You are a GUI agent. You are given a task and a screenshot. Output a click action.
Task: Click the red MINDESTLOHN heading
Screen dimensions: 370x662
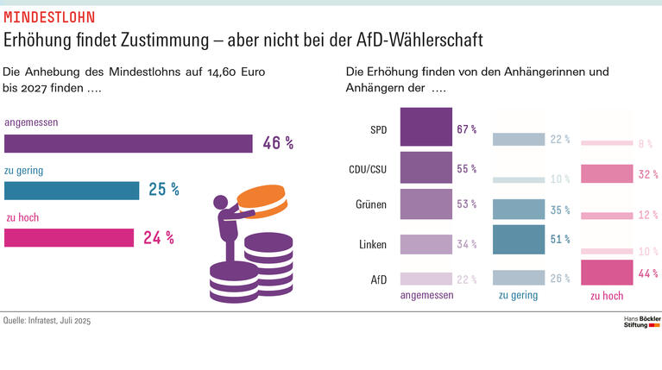[x=50, y=17]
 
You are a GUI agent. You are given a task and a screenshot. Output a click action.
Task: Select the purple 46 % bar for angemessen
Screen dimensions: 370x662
[x=128, y=143]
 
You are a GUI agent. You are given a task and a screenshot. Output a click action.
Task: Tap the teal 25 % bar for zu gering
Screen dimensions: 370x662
[x=72, y=190]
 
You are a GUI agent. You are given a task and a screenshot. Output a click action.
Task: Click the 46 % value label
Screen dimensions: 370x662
[x=278, y=143]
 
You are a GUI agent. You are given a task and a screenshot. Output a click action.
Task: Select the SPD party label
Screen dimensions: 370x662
[x=378, y=130]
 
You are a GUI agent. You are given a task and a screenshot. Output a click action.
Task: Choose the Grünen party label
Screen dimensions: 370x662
[x=371, y=206]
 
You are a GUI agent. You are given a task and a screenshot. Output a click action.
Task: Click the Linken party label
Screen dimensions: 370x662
[x=372, y=245]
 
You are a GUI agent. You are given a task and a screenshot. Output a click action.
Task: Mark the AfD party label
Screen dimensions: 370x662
[x=378, y=279]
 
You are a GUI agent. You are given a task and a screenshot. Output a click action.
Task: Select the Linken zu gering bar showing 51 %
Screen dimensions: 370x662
[x=518, y=240]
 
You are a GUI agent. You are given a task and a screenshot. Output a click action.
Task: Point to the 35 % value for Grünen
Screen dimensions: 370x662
[x=560, y=210]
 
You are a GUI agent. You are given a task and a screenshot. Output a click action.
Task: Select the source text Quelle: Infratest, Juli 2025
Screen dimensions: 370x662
[x=47, y=321]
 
